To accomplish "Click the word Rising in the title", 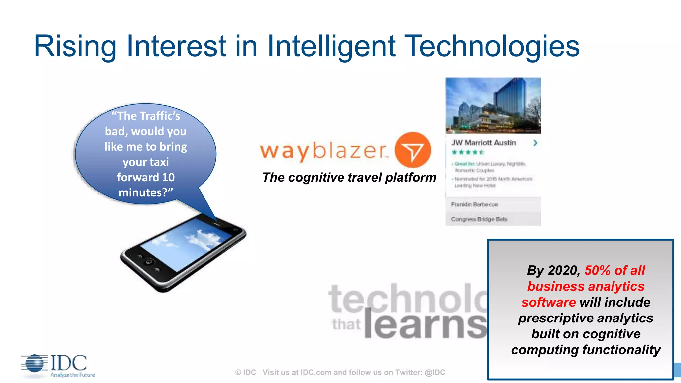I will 75,47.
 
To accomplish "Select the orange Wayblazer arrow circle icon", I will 413,150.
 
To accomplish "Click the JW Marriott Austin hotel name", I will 483,143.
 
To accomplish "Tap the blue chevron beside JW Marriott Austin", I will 535,143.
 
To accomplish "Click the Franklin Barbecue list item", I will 475,204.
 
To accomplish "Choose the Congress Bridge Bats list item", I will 479,219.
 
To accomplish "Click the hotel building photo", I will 493,105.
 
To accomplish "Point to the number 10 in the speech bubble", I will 168,177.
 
